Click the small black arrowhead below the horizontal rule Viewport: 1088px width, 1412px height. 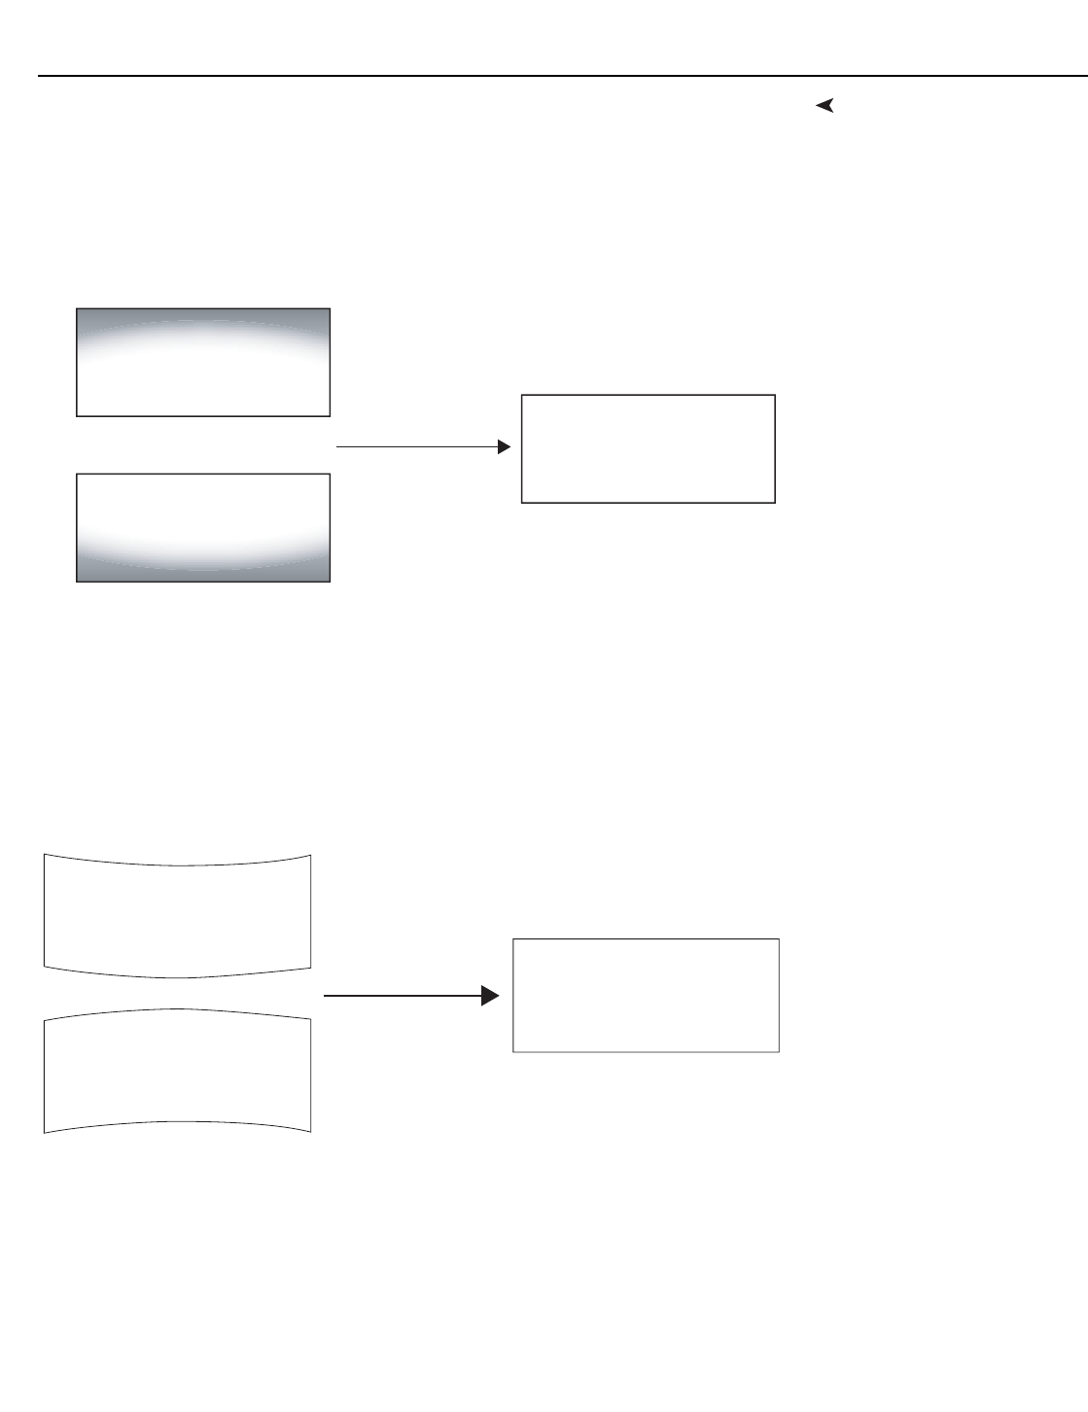825,106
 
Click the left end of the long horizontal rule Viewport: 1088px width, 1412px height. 40,76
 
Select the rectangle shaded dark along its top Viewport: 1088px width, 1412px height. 203,363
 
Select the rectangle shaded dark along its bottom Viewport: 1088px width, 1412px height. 203,528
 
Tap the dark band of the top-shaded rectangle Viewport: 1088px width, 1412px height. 203,316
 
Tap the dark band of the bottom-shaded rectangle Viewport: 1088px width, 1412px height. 203,573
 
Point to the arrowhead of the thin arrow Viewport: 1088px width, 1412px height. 504,447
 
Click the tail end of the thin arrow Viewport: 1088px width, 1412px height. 337,447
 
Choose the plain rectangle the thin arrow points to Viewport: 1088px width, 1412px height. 648,448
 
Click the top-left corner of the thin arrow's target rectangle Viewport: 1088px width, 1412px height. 522,395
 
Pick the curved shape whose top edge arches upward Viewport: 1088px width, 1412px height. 177,1070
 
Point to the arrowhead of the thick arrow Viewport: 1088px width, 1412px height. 491,996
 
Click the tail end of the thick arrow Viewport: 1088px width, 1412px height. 325,996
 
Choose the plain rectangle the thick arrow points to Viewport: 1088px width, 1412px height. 646,995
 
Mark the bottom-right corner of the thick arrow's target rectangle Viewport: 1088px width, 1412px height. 779,1051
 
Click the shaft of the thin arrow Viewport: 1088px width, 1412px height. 418,447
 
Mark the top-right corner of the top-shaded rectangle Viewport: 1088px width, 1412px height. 330,309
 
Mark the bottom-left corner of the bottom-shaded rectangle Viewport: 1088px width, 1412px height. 77,582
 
